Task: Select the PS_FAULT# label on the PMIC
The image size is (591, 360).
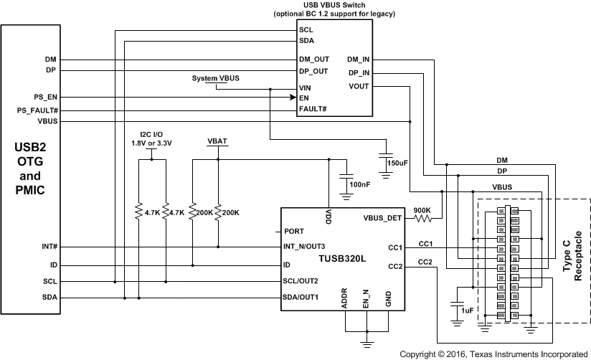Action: (37, 110)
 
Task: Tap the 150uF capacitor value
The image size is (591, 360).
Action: (397, 164)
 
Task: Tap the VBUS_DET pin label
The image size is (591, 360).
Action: (383, 218)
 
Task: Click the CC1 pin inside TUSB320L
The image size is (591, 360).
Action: (394, 247)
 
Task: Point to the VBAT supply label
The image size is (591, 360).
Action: (217, 141)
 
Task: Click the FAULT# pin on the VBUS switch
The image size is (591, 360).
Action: (313, 109)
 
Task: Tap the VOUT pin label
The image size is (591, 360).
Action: (359, 86)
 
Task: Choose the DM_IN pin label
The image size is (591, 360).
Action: (359, 60)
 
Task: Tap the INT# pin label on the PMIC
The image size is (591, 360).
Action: (49, 247)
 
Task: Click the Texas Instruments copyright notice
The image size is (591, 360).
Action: (493, 354)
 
